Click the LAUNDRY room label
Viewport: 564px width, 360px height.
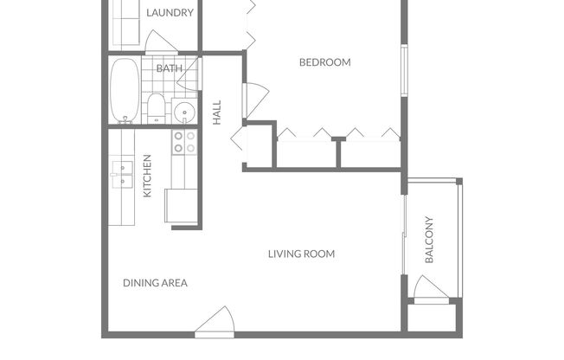[x=170, y=13]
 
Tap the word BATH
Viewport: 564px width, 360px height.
[x=168, y=68]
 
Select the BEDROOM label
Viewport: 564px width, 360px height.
[x=324, y=62]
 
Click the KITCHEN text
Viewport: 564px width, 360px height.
[x=148, y=176]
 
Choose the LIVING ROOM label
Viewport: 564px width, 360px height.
[x=301, y=254]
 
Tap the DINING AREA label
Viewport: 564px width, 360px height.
[x=155, y=283]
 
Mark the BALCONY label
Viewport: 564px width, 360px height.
[x=429, y=239]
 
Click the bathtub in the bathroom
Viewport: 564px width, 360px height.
[x=123, y=91]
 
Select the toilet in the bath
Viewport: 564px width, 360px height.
[x=157, y=107]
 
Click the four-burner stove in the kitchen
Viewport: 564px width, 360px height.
[x=184, y=142]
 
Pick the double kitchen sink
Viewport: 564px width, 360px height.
[x=121, y=175]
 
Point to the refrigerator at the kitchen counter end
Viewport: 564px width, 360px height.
[x=183, y=206]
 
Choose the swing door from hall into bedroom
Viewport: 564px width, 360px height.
[x=254, y=100]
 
